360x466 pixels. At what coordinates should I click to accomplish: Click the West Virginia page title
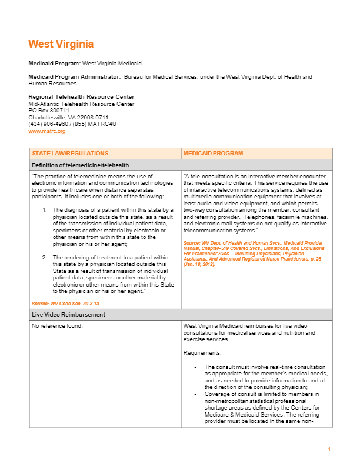61,45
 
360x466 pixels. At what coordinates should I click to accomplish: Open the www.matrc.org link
47,131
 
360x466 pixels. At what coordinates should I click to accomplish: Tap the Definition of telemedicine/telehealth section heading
80,165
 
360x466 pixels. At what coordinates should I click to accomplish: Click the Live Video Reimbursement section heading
68,315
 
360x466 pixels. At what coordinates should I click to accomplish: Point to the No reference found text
57,325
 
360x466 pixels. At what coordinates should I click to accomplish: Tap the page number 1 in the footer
329,450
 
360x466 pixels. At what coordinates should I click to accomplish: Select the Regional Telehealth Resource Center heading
81,97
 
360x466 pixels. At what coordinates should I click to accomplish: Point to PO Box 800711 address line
49,110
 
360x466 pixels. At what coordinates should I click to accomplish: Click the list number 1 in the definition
45,209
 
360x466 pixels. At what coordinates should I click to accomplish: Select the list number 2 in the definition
45,258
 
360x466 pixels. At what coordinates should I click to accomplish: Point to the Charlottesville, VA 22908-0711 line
68,117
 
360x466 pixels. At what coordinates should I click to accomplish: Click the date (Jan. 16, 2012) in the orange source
199,264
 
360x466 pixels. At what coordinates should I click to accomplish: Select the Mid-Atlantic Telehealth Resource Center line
81,104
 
